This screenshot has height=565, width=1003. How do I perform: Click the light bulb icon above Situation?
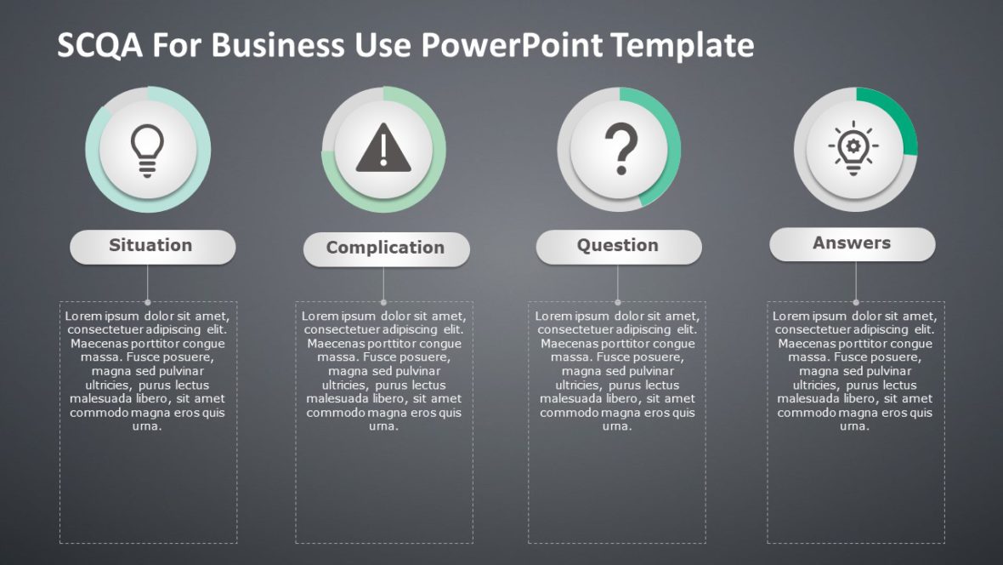pyautogui.click(x=148, y=150)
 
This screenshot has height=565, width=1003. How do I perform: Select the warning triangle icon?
pyautogui.click(x=383, y=150)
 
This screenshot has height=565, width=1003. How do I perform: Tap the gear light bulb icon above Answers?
pyautogui.click(x=854, y=149)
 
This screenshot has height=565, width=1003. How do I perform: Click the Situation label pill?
pyautogui.click(x=152, y=246)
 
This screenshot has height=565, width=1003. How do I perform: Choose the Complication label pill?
pyautogui.click(x=386, y=248)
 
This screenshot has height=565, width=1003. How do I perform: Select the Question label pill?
pyautogui.click(x=618, y=246)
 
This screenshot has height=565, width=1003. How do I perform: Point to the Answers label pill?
pyautogui.click(x=852, y=243)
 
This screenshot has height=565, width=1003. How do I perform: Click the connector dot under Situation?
pyautogui.click(x=148, y=301)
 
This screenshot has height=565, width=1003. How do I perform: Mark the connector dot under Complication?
pyautogui.click(x=383, y=301)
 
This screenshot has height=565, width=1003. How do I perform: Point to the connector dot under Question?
pyautogui.click(x=618, y=301)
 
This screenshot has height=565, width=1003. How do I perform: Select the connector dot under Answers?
pyautogui.click(x=855, y=301)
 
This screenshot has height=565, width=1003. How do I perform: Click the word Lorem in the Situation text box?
pyautogui.click(x=83, y=317)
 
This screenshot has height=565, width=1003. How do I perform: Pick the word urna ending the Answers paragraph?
pyautogui.click(x=854, y=426)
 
